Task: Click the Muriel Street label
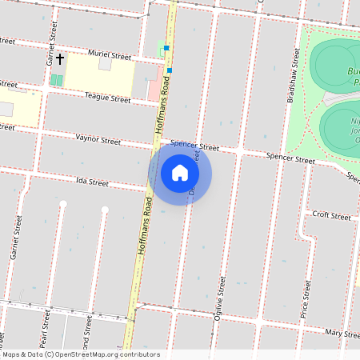coord(110,56)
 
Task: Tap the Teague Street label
coord(109,99)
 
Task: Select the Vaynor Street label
coord(98,140)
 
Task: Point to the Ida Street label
coord(91,182)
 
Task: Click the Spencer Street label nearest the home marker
coord(194,147)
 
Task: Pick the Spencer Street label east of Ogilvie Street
coord(290,159)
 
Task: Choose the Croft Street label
coord(331,216)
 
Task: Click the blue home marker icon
coord(180,174)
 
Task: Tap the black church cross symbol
coord(60,59)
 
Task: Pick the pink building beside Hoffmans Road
coord(154,88)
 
